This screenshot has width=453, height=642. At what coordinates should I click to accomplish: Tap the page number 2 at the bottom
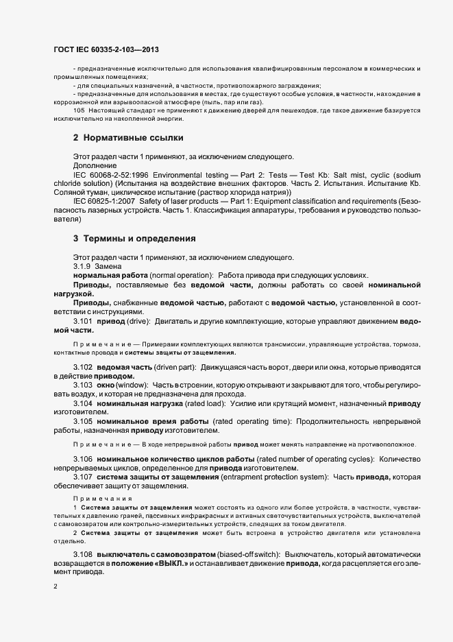coord(56,587)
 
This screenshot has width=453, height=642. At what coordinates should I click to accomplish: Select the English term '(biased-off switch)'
coord(246,553)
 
